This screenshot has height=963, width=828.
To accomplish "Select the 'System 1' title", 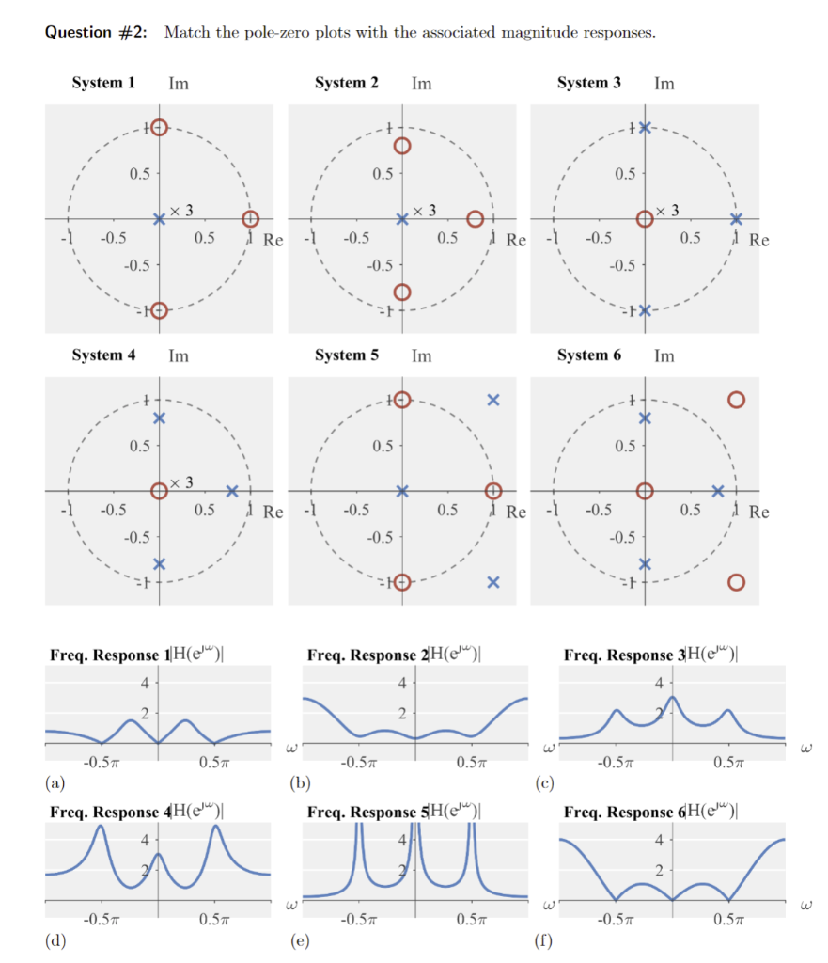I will point(103,83).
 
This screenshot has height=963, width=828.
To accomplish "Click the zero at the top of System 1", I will point(159,128).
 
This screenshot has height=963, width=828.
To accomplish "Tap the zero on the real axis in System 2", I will point(476,219).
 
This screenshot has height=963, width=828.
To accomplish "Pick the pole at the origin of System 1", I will point(159,219).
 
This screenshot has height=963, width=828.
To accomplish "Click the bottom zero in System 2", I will point(402,292).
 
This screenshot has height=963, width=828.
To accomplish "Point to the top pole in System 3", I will point(645,128).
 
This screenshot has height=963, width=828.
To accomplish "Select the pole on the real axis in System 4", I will point(232,491).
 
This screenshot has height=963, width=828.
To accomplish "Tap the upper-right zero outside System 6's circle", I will point(736,401).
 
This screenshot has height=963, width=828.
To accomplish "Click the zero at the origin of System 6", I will point(645,491).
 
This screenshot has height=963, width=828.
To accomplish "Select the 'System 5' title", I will point(347,355).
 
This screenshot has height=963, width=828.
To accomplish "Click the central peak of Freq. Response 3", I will point(671,699).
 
